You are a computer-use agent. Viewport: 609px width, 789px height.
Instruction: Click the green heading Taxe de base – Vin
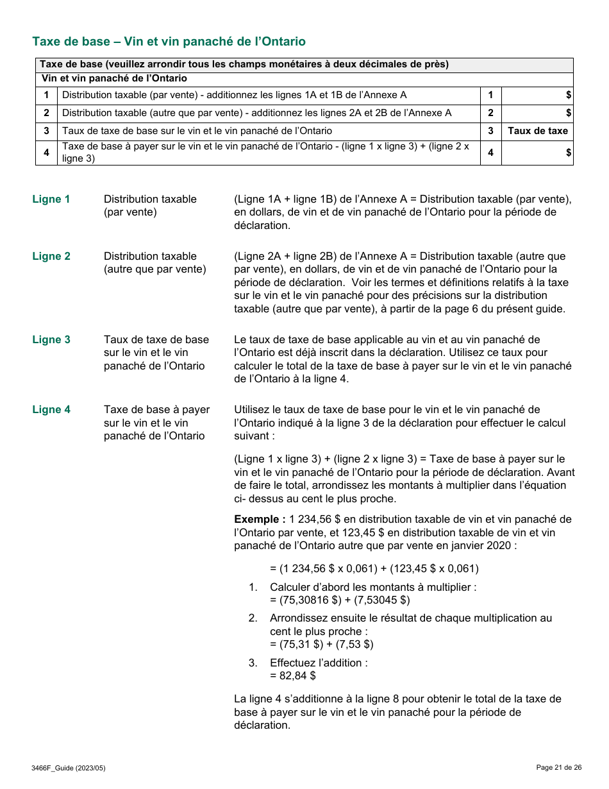point(169,42)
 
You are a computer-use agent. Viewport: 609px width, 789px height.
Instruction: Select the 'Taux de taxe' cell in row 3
point(537,131)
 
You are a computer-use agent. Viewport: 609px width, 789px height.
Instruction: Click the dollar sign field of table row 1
point(537,95)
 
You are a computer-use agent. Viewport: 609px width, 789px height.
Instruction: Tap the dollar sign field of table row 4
point(537,153)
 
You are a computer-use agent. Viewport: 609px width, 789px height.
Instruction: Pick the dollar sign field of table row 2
point(537,113)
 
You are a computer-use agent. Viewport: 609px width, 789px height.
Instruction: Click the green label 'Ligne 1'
point(51,199)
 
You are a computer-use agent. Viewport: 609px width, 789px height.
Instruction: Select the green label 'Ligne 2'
point(51,257)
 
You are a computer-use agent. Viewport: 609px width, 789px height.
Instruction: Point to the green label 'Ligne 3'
point(51,340)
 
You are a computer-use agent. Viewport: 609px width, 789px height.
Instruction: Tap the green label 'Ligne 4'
point(51,410)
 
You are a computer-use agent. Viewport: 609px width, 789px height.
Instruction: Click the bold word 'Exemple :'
point(260,520)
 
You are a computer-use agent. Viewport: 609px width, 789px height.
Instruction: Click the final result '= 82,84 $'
point(293,675)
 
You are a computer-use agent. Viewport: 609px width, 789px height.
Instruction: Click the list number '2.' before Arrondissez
point(253,618)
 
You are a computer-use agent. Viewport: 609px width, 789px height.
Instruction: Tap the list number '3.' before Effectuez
point(253,663)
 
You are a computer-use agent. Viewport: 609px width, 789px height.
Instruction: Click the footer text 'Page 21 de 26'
point(559,767)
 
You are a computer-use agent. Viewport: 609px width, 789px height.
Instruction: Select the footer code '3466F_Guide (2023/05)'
point(68,768)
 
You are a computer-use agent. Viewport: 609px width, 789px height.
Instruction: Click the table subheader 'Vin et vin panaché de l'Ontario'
point(114,79)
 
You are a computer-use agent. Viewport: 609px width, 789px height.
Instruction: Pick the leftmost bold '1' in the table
point(46,95)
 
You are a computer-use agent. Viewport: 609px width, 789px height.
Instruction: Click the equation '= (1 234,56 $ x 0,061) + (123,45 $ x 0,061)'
point(374,568)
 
